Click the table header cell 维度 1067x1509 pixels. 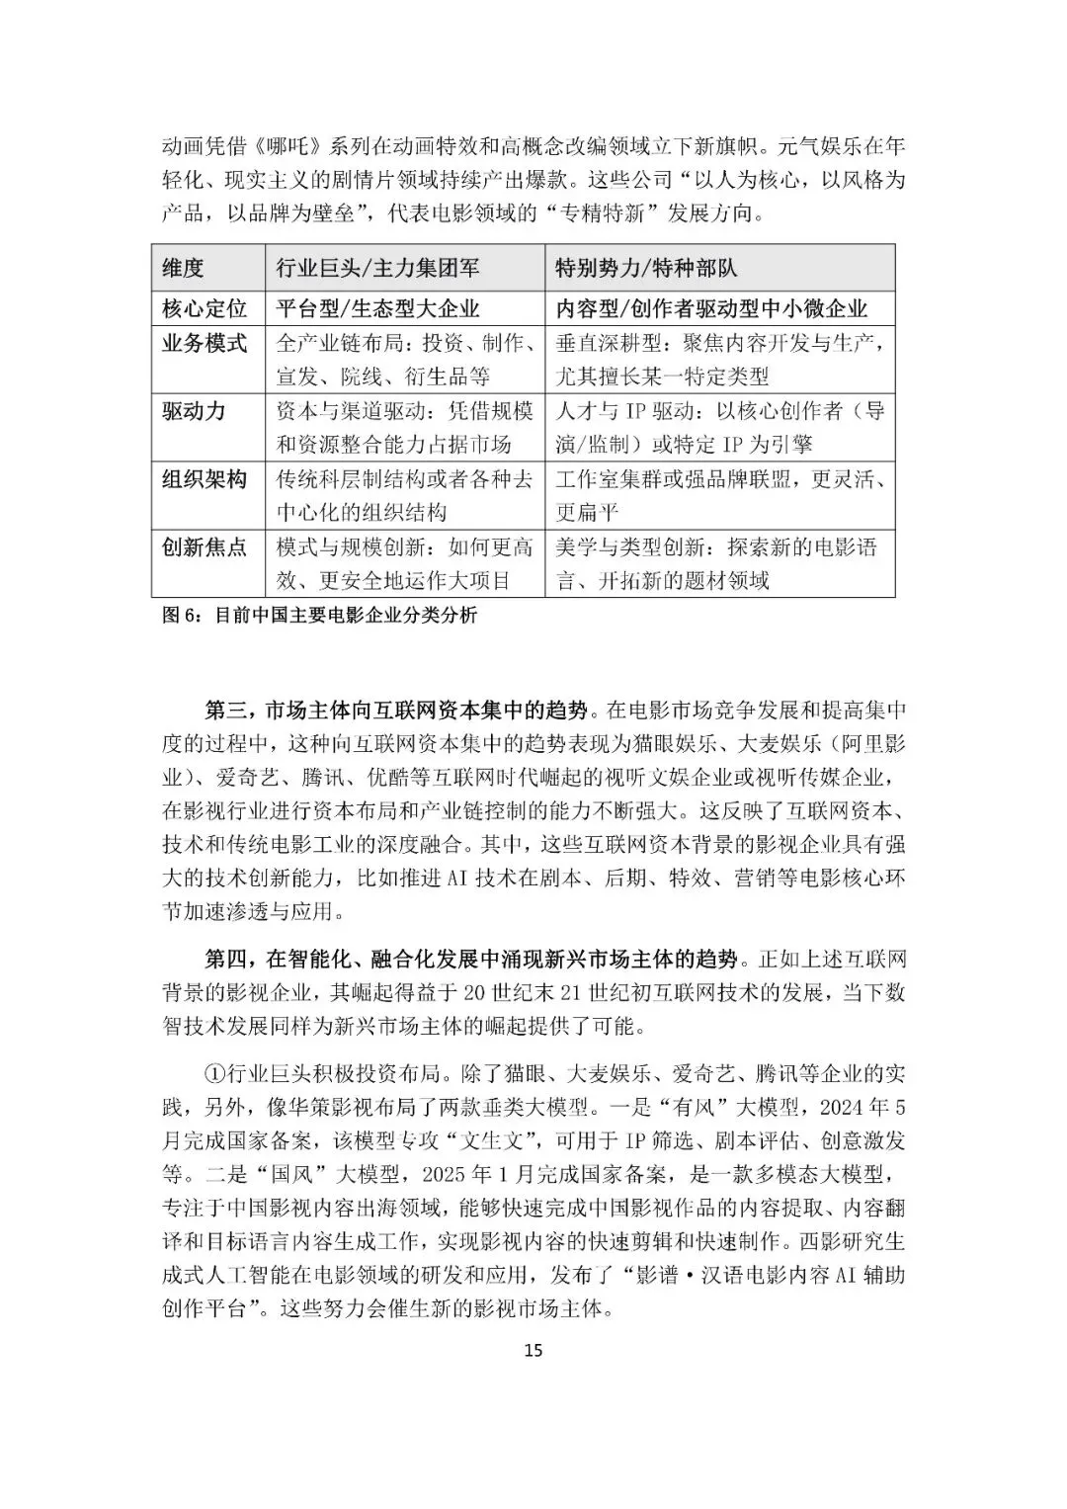pyautogui.click(x=183, y=268)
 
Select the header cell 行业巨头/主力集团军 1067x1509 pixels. pyautogui.click(x=379, y=268)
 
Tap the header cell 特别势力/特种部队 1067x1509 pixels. pyautogui.click(x=646, y=268)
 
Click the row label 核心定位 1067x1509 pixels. pyautogui.click(x=205, y=308)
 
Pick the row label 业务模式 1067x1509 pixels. pyautogui.click(x=205, y=343)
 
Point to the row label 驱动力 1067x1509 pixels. pyautogui.click(x=194, y=411)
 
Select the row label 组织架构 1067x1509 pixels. pyautogui.click(x=205, y=479)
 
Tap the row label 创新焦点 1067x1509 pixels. pyautogui.click(x=205, y=547)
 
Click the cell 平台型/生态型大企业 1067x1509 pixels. pyautogui.click(x=378, y=308)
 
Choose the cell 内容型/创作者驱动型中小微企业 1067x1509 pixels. pyautogui.click(x=711, y=308)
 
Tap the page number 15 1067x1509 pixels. pyautogui.click(x=533, y=1351)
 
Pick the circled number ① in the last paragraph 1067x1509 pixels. pyautogui.click(x=214, y=1073)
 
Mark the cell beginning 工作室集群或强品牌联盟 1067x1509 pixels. pyautogui.click(x=719, y=479)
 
